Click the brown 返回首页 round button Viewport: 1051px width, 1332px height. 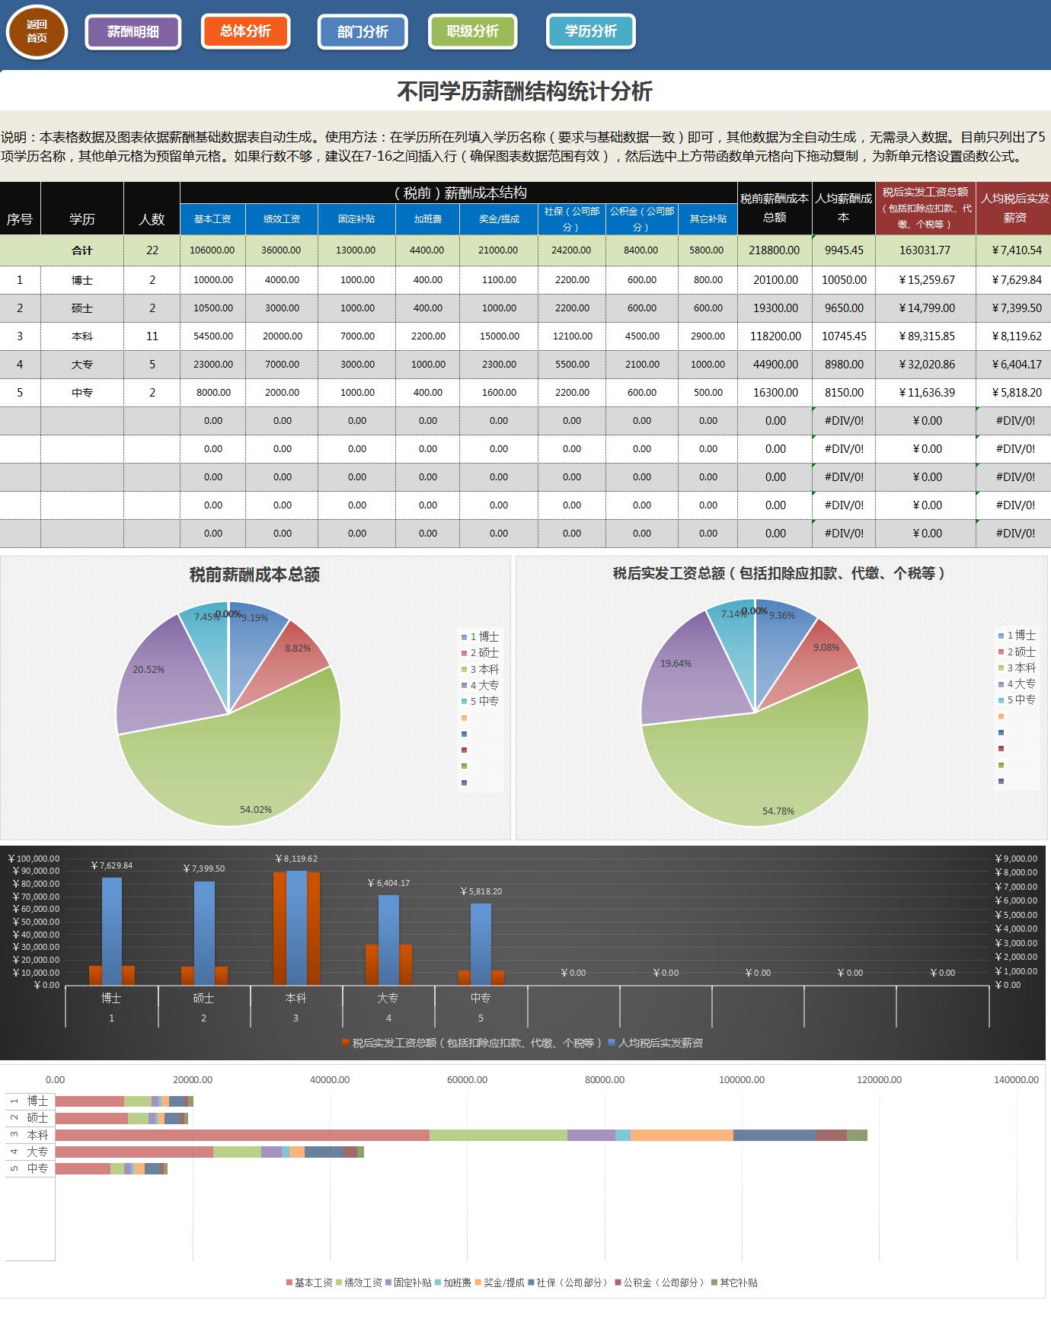(x=37, y=32)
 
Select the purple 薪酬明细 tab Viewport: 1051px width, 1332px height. (x=133, y=32)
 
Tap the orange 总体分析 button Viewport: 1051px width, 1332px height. (x=245, y=31)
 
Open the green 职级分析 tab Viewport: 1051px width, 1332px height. (x=472, y=31)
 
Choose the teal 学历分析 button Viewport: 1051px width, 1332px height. (x=590, y=31)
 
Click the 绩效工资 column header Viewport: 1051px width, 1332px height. (x=282, y=219)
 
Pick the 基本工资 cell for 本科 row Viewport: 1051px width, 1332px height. (x=213, y=336)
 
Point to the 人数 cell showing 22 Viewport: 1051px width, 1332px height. (x=152, y=250)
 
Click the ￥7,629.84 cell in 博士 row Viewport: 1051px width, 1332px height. (x=1016, y=280)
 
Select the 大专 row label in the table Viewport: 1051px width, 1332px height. (x=82, y=365)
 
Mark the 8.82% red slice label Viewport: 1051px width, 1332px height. (x=298, y=648)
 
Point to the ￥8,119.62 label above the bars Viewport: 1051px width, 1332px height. (x=296, y=859)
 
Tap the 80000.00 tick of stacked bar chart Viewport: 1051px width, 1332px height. (x=605, y=1080)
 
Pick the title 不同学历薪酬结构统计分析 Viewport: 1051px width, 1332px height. (x=525, y=92)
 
